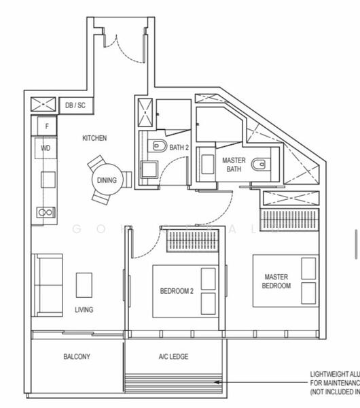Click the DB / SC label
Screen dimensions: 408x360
click(x=75, y=105)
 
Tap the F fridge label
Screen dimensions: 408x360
click(x=47, y=126)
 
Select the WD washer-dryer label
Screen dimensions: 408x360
click(x=46, y=148)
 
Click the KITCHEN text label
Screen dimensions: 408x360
click(x=94, y=138)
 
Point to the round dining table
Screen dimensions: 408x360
click(x=106, y=180)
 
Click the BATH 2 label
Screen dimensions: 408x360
click(x=178, y=148)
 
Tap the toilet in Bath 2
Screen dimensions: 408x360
click(x=158, y=144)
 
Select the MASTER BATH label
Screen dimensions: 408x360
click(x=234, y=165)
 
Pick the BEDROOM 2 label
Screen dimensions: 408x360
click(x=177, y=292)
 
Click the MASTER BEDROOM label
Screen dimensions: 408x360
click(x=277, y=282)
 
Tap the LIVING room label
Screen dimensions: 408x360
click(x=84, y=310)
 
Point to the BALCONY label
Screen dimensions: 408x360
click(x=77, y=357)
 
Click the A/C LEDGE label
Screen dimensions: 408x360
click(x=173, y=357)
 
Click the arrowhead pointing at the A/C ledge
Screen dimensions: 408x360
click(x=217, y=383)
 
